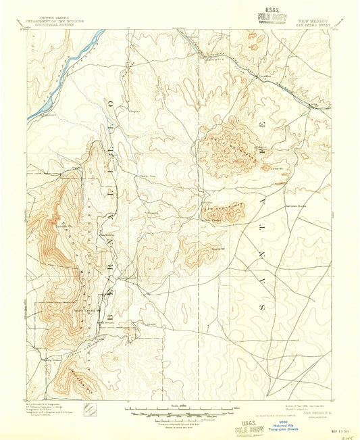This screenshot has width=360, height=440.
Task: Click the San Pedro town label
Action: click(215, 219)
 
